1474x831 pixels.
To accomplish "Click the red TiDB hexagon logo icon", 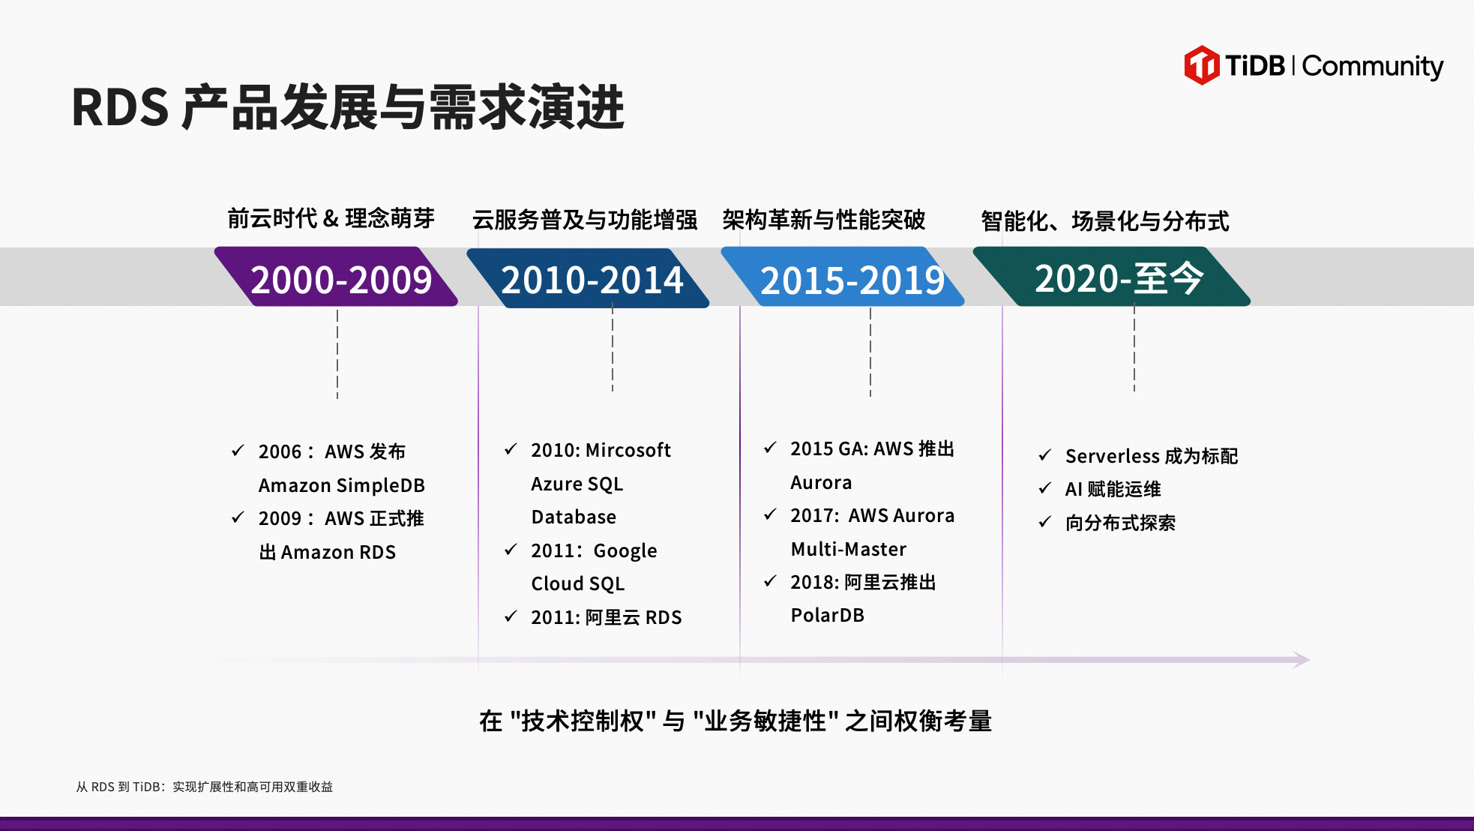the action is (1202, 65).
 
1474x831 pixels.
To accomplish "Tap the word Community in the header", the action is (1373, 67).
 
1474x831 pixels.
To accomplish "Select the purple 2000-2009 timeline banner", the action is (336, 277).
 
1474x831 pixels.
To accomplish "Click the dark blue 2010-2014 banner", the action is (589, 278).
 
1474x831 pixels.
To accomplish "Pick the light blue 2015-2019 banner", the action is (843, 277).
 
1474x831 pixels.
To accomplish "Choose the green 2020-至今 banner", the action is (1112, 277).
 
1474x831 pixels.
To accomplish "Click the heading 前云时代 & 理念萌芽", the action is (331, 218).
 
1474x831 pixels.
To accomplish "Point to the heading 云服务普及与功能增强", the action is (585, 220).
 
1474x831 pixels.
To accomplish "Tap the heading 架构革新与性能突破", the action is (824, 220).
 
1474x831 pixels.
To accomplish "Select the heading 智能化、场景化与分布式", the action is (1105, 221).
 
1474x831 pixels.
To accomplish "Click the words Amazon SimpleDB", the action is (342, 485).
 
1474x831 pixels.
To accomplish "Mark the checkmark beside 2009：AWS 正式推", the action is (238, 517).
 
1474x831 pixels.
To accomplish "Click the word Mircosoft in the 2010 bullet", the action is (628, 450).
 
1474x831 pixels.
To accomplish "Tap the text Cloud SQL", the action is (578, 583).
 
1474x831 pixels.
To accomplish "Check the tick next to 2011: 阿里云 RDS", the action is (511, 616).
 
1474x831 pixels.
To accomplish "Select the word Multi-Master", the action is (849, 549).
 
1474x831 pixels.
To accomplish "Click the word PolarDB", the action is (828, 615).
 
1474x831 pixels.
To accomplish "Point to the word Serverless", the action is (1113, 456).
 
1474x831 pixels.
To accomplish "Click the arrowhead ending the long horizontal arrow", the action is (1302, 660).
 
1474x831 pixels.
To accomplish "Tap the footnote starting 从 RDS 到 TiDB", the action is (204, 787).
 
